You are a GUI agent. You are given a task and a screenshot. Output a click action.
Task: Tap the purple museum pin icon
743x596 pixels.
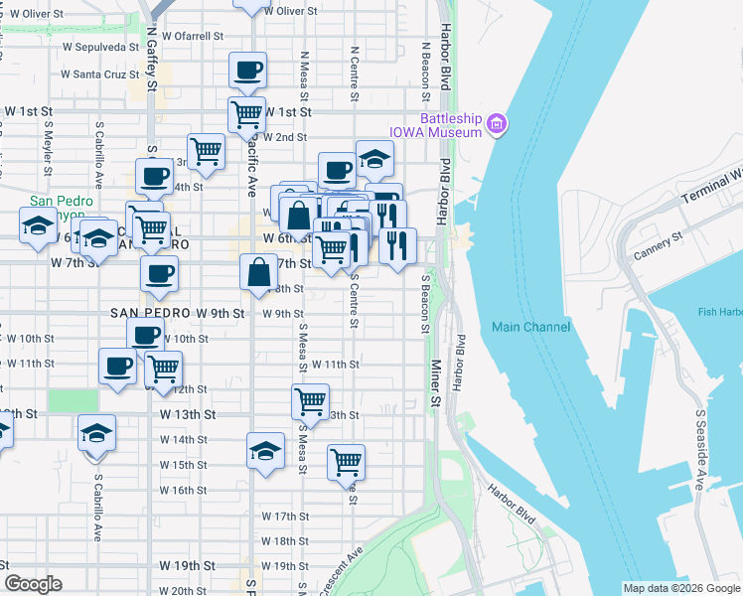tap(497, 124)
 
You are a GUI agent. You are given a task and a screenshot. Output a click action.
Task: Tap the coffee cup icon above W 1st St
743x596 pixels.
tap(247, 71)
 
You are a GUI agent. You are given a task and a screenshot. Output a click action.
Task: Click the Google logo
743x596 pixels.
tap(34, 583)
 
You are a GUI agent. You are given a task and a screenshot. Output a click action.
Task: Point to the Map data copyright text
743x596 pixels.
tap(681, 588)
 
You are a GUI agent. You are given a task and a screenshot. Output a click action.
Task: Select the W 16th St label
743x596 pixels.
tap(183, 491)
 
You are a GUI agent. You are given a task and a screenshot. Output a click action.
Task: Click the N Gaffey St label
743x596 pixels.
tap(152, 63)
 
